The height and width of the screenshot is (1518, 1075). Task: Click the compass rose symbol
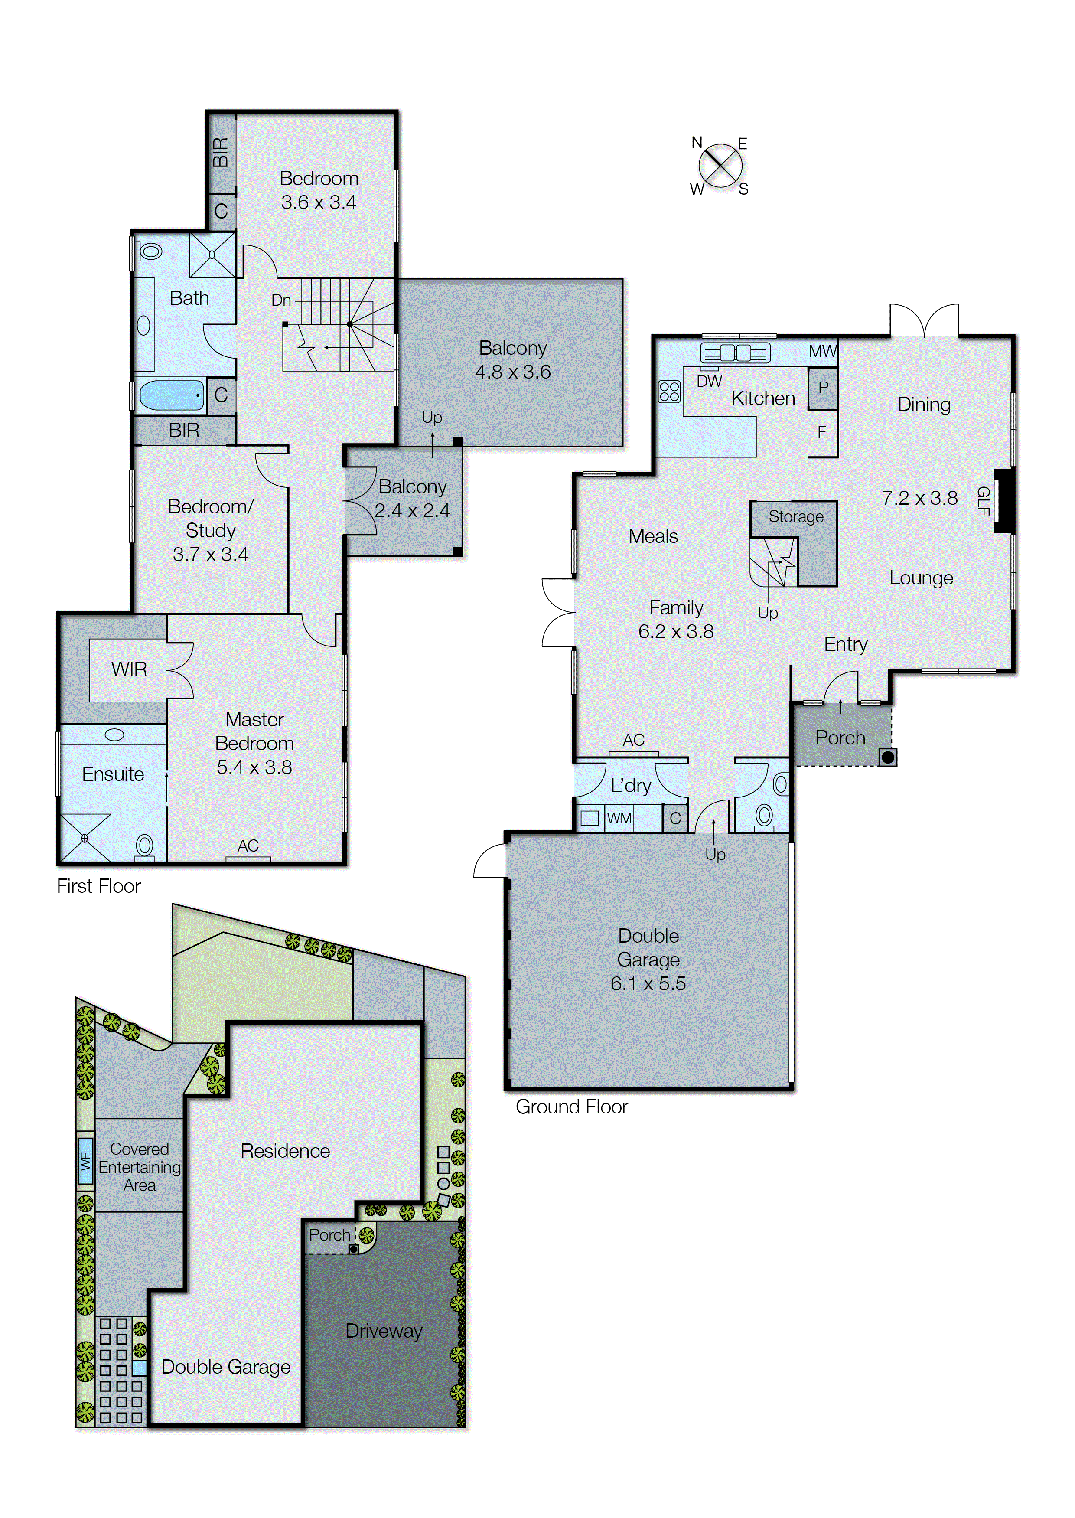[x=720, y=166]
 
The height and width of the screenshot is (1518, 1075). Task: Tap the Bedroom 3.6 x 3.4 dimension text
[x=319, y=202]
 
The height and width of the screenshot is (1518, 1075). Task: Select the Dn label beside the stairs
[x=281, y=300]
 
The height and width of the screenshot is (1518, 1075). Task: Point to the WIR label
[x=129, y=669]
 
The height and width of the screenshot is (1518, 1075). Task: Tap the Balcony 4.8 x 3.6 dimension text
[x=512, y=372]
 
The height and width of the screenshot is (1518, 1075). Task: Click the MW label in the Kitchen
[x=822, y=352]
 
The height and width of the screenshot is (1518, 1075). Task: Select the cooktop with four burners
[x=669, y=391]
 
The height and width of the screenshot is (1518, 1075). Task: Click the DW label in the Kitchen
[x=709, y=381]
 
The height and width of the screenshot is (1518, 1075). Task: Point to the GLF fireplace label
[x=983, y=500]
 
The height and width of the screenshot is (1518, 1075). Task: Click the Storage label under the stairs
[x=796, y=516]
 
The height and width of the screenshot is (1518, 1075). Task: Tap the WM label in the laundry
[x=619, y=818]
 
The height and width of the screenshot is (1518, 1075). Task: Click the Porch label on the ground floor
[x=840, y=738]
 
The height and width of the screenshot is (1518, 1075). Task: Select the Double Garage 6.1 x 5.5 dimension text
[x=648, y=983]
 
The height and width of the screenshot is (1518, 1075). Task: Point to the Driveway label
[x=384, y=1331]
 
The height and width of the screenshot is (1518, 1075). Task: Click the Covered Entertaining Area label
[x=139, y=1167]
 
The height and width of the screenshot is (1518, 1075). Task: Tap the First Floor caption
[x=99, y=886]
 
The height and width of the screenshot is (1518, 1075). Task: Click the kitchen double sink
[x=736, y=352]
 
